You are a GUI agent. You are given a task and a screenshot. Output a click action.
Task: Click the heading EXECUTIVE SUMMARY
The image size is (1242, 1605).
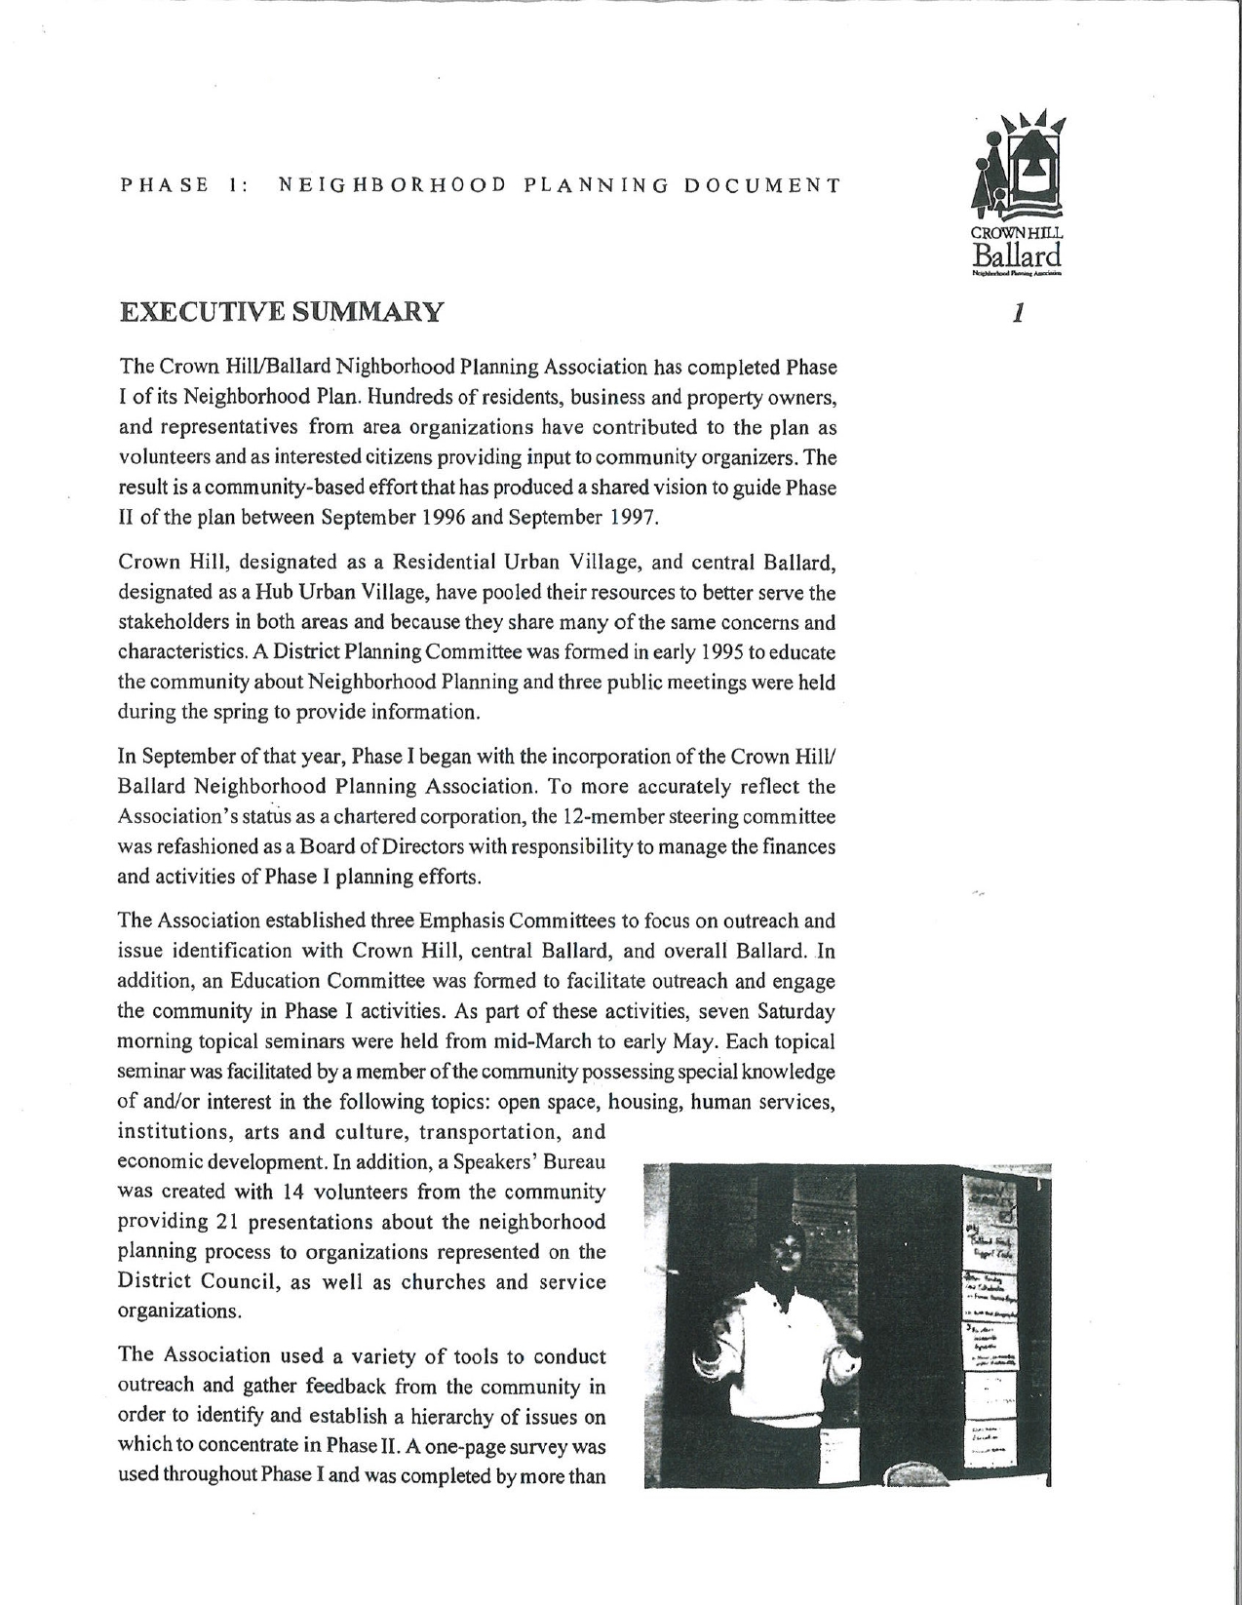pos(281,312)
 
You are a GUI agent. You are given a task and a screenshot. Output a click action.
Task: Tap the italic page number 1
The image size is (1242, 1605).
pos(1018,313)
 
